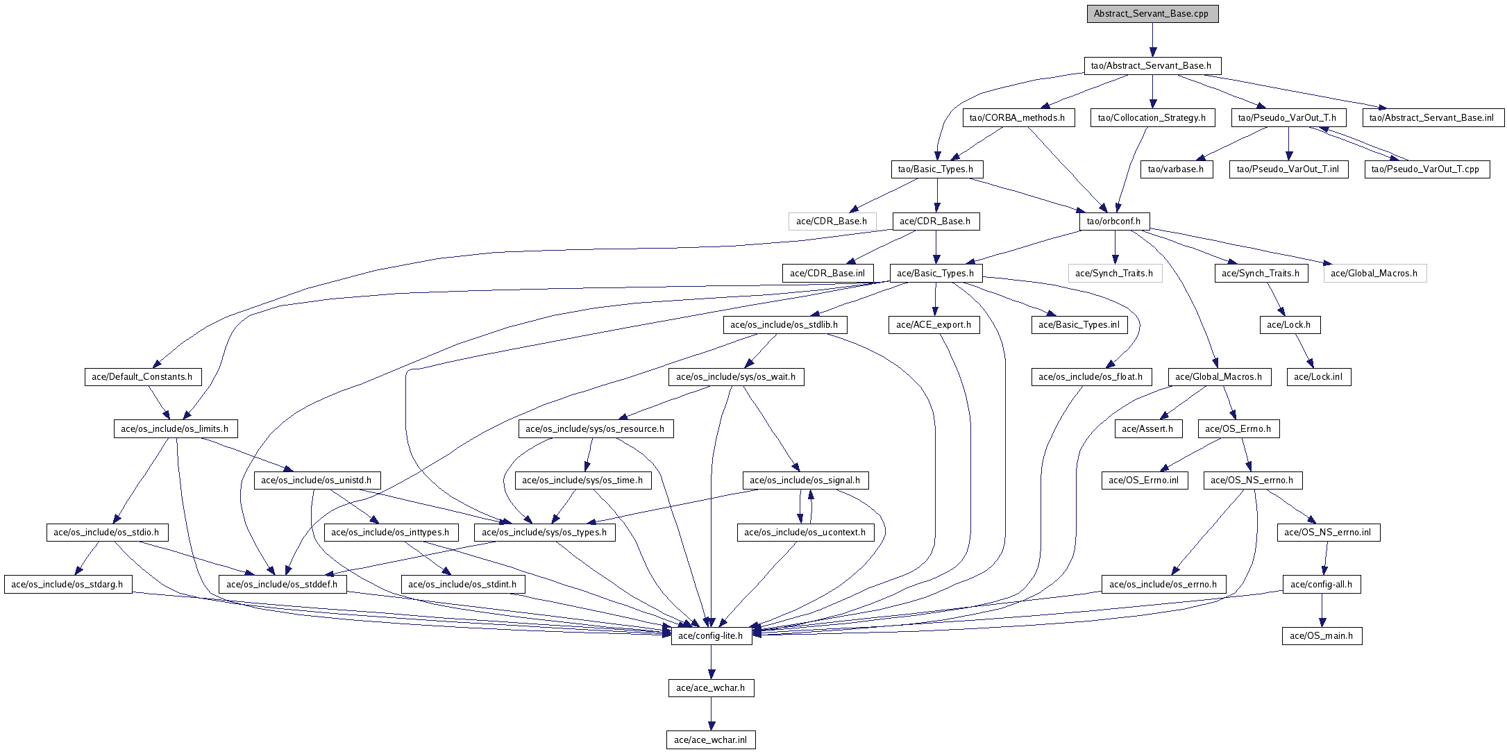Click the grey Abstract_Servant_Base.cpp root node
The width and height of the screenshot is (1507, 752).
[x=1152, y=14]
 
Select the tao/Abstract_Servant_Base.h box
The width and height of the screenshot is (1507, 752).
[x=1152, y=66]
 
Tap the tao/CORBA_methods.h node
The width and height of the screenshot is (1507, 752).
[x=1018, y=118]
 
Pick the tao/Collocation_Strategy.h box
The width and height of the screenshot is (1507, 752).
[x=1152, y=118]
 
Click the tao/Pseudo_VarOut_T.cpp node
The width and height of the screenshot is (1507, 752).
[x=1426, y=169]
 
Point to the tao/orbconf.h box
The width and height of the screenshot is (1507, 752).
[x=1114, y=222]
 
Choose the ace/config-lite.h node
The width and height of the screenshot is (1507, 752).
[x=711, y=636]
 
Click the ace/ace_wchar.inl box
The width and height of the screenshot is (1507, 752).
[x=711, y=740]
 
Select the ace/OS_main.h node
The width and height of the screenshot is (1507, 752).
[x=1322, y=636]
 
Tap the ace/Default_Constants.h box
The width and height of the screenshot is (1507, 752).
[x=142, y=377]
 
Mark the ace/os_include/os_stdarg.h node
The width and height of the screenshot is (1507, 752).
[x=67, y=585]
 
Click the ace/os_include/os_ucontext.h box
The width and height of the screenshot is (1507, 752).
[x=805, y=533]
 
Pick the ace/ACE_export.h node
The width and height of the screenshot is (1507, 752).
[x=934, y=325]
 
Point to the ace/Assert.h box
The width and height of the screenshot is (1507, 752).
[x=1147, y=429]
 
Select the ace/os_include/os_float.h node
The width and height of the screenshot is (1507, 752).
[x=1091, y=377]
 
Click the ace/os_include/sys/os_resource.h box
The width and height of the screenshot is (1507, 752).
[x=595, y=429]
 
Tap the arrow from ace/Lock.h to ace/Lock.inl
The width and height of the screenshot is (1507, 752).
[x=1303, y=351]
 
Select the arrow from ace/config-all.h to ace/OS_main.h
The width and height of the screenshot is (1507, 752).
[x=1322, y=610]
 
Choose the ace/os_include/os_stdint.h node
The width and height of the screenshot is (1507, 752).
[x=462, y=585]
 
